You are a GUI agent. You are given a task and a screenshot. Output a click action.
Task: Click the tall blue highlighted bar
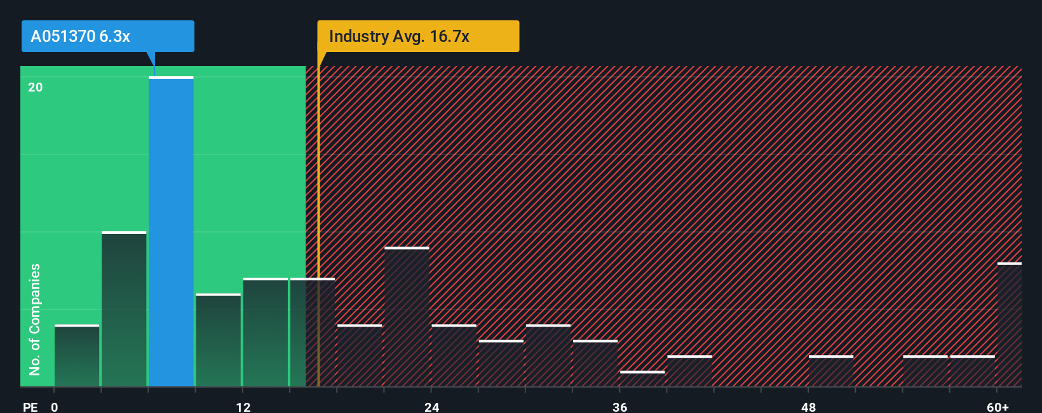[x=171, y=232]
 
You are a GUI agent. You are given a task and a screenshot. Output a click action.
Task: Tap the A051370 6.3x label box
[x=107, y=36]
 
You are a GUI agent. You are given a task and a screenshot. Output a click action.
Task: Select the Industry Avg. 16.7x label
[x=418, y=36]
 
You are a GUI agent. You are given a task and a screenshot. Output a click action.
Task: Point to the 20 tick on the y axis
[x=36, y=87]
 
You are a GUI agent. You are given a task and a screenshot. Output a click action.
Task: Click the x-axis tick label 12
[x=243, y=407]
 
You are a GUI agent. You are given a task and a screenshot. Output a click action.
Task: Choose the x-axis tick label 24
[x=431, y=407]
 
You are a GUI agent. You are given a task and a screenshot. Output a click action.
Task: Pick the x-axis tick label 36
[x=619, y=407]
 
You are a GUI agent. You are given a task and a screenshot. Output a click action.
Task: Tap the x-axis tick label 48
[x=808, y=407]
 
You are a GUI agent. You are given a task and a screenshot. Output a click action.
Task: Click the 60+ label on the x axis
[x=998, y=407]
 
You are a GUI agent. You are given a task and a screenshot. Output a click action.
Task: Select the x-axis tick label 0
[x=55, y=407]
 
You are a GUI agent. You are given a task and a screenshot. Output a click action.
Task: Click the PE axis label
[x=30, y=407]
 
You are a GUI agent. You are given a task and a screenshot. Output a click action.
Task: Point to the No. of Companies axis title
[x=35, y=319]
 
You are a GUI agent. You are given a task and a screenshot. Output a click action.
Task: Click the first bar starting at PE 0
[x=77, y=356]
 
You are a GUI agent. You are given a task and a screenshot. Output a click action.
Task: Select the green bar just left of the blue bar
[x=124, y=309]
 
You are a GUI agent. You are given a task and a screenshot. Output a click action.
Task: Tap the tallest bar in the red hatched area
[x=407, y=317]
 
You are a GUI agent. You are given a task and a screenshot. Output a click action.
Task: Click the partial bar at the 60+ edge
[x=1009, y=325]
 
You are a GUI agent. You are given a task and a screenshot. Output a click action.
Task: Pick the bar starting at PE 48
[x=831, y=371]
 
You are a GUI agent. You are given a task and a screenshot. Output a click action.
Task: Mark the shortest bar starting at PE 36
[x=642, y=379]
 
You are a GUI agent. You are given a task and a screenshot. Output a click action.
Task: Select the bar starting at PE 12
[x=266, y=332]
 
